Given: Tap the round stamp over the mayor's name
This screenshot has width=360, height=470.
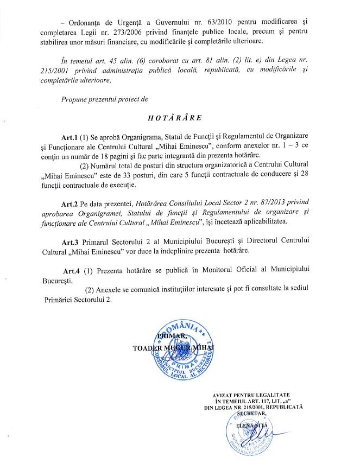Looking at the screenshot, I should tap(185, 347).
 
